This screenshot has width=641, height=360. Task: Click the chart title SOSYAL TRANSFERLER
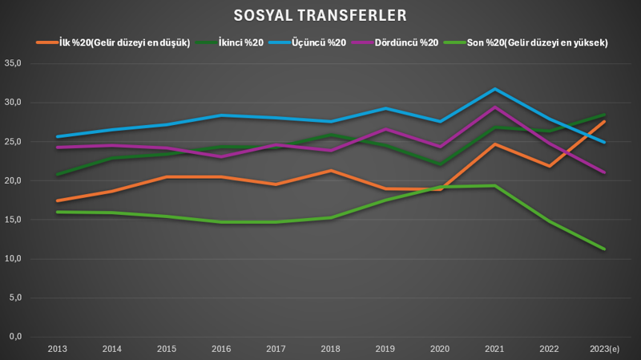point(320,15)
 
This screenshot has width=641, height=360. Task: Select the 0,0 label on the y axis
point(13,337)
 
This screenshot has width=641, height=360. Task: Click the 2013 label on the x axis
point(57,349)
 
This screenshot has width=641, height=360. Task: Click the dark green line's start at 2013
point(57,174)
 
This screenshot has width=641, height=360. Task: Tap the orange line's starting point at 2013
point(57,200)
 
